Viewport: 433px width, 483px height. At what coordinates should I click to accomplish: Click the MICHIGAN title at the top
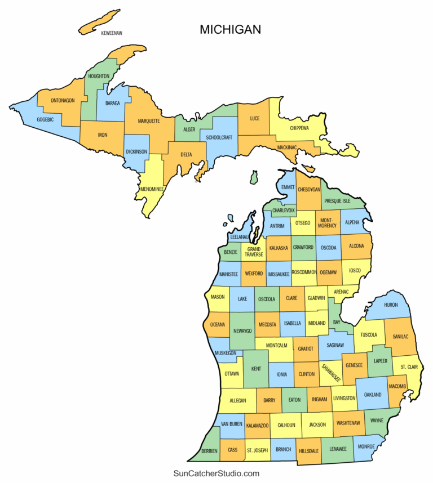tap(230, 30)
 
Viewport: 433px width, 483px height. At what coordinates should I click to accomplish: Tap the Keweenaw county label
tap(112, 33)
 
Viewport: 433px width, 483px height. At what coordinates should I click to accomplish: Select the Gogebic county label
tap(46, 119)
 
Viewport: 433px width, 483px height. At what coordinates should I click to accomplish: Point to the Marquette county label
tap(149, 120)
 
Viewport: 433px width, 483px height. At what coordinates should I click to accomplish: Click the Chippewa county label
tap(299, 128)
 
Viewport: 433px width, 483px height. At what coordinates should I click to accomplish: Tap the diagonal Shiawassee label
tap(331, 373)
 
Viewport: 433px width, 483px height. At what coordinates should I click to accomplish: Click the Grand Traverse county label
tap(253, 251)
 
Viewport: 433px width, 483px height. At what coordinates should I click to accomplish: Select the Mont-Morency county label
tap(328, 222)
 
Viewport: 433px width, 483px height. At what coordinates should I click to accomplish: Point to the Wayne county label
tap(377, 419)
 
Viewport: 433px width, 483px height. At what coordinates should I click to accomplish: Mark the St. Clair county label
tap(409, 367)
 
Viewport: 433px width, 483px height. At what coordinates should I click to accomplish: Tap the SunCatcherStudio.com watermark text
tap(216, 473)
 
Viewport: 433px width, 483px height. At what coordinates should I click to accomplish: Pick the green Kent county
tap(255, 369)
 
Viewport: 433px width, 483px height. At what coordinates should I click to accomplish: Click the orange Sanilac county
tap(401, 336)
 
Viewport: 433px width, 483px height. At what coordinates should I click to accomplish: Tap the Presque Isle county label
tap(337, 200)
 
